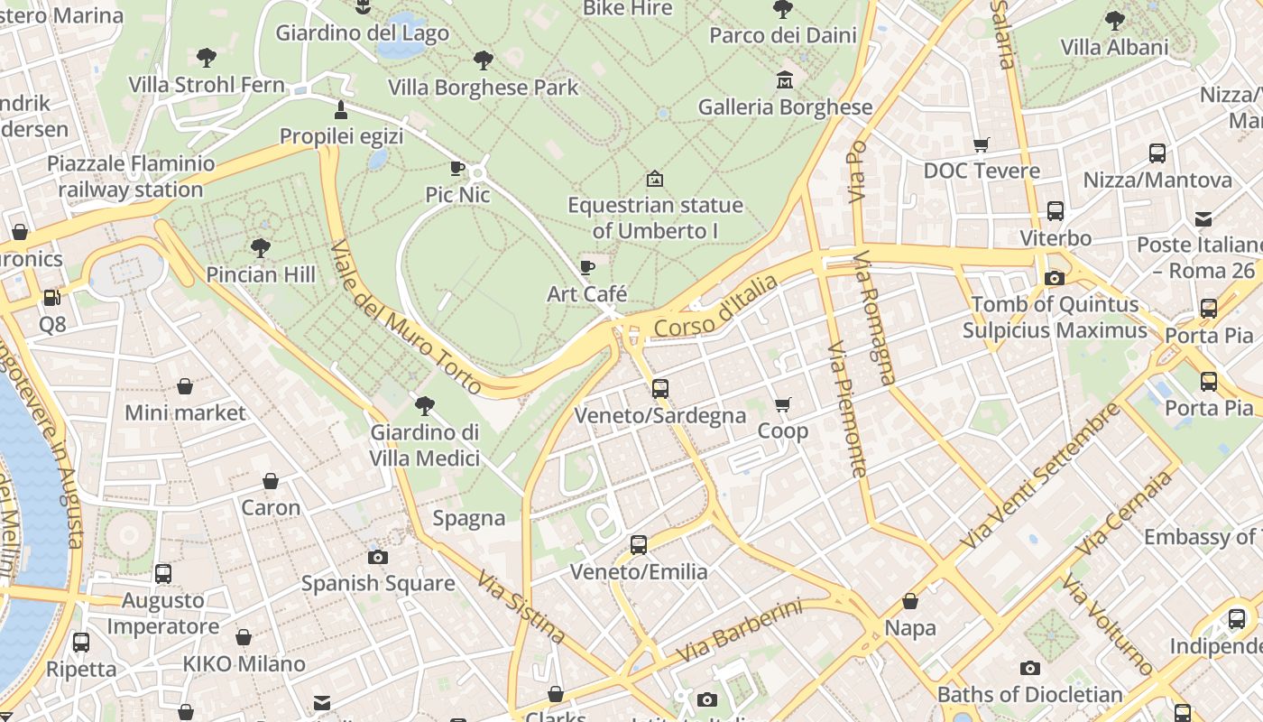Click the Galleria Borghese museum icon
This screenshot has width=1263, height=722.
pos(784,80)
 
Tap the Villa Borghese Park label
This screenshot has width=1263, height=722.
pos(483,88)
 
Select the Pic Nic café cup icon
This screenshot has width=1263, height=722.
pos(457,168)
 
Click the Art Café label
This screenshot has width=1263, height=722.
pos(587,293)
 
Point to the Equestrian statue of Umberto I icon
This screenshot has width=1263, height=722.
pos(655,179)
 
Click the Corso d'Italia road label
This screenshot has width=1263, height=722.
pos(716,308)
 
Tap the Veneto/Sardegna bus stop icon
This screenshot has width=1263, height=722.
pos(660,389)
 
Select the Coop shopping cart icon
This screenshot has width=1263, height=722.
pos(782,405)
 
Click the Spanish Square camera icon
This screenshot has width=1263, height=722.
pos(378,557)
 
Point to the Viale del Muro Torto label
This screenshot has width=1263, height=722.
pos(405,317)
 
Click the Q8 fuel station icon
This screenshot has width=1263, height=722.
pos(52,297)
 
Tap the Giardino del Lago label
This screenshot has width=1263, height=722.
pos(362,33)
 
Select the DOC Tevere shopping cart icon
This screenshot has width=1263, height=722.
pos(982,144)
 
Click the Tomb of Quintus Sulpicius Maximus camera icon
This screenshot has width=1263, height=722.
pos(1054,278)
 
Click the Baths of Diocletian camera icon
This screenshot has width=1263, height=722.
pos(1029,668)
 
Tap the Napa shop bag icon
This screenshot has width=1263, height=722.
pos(910,601)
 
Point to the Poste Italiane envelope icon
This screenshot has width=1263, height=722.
pos(1203,218)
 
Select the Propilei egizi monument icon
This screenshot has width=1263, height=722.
pos(341,110)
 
